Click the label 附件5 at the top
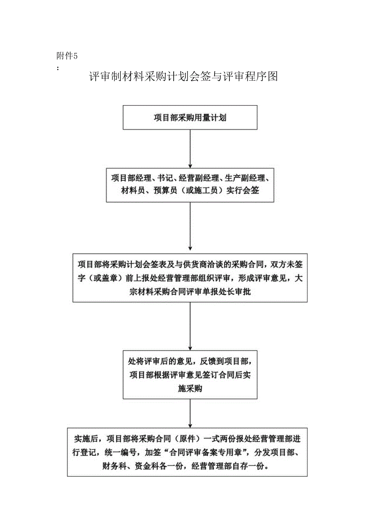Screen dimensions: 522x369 point(67,56)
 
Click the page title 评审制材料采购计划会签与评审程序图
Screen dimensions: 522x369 point(184,77)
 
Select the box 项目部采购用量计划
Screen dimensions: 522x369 point(190,118)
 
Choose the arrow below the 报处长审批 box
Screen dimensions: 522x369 point(190,326)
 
